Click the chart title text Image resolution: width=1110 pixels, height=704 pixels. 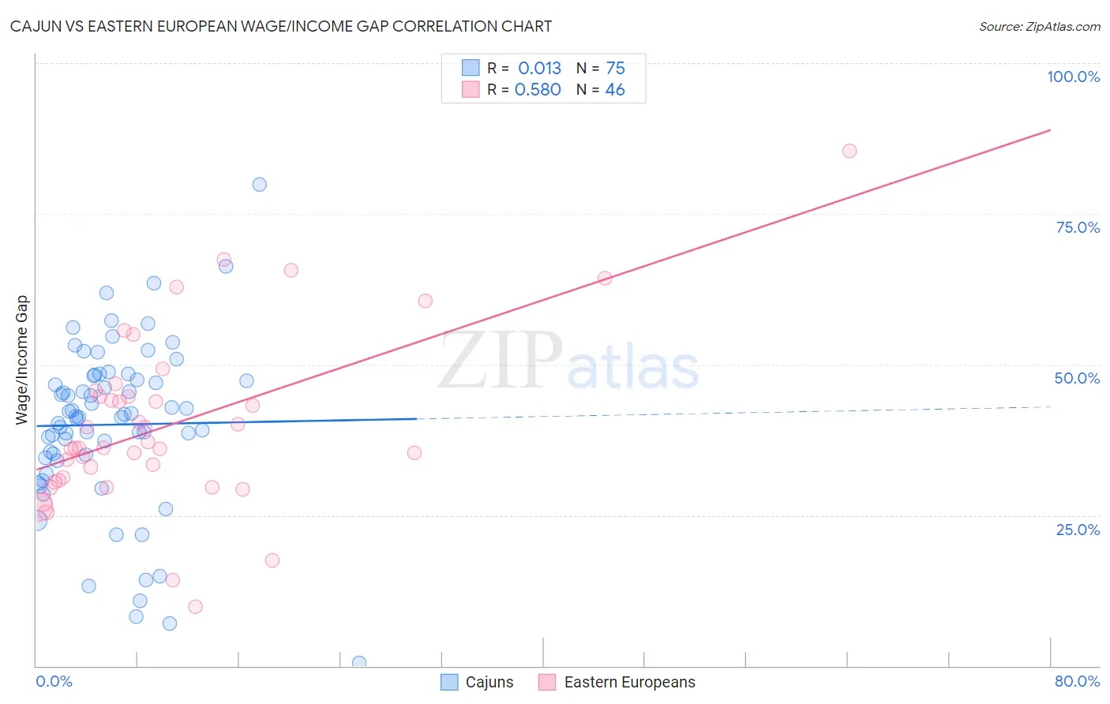click(281, 26)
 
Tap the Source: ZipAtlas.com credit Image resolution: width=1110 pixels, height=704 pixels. click(1039, 26)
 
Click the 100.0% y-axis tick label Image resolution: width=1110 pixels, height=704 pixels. click(1073, 77)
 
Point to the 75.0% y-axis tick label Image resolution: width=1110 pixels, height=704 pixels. click(1078, 227)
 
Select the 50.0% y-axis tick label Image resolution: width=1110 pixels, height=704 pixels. click(1077, 378)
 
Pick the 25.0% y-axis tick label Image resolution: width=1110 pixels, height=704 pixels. click(1078, 529)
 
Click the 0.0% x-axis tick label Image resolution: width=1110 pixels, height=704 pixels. click(54, 681)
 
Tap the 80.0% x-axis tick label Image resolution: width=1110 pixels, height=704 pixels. click(1077, 681)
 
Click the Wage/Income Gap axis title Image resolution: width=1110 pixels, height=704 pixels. click(22, 360)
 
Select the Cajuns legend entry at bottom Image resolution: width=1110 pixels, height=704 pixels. click(478, 682)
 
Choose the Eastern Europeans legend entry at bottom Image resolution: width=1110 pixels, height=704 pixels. click(617, 682)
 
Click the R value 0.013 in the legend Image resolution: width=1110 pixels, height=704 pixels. click(539, 69)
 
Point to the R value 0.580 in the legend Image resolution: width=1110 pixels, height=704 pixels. click(538, 90)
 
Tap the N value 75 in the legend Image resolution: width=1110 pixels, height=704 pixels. click(615, 69)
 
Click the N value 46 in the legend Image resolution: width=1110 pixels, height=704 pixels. click(614, 90)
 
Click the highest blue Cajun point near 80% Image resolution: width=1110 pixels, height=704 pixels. click(259, 185)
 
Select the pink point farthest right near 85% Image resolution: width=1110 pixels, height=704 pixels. click(849, 151)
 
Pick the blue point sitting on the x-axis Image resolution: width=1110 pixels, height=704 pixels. click(359, 662)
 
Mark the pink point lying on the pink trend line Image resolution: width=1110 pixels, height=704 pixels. click(605, 278)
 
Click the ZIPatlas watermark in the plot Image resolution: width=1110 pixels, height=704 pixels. click(568, 362)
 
